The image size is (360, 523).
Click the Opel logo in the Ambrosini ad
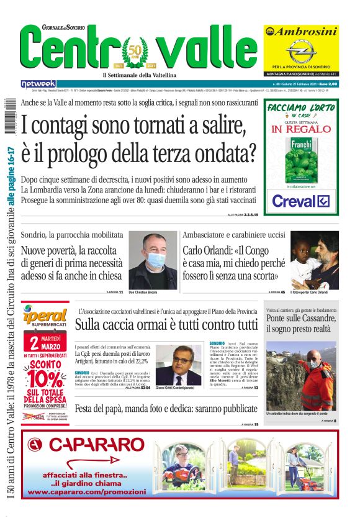click(301, 50)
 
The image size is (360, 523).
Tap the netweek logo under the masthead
click(38, 83)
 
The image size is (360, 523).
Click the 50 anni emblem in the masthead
click(135, 52)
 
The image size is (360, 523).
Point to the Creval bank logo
click(300, 201)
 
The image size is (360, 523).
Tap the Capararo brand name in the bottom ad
click(96, 445)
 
